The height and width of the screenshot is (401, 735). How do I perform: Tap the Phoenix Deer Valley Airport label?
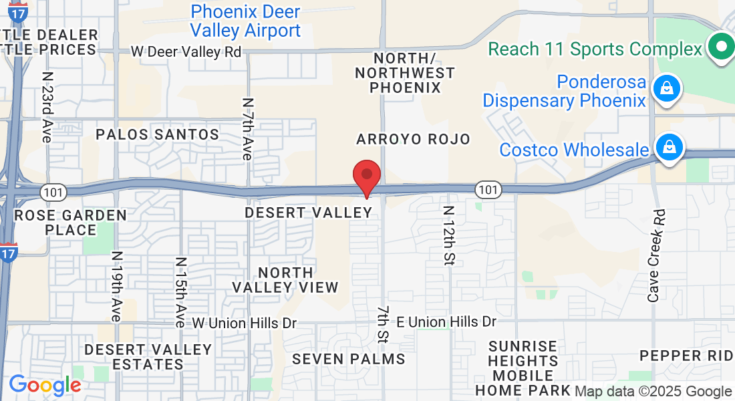pos(245,21)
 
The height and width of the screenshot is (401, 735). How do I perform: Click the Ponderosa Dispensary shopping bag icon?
pos(666,88)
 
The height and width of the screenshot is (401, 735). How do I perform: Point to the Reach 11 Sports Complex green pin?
pos(722,47)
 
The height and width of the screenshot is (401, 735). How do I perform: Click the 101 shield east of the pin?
pos(488,190)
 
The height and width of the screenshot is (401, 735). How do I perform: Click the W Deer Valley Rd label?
pos(186,51)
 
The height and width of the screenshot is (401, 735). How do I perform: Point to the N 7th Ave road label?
pos(247,129)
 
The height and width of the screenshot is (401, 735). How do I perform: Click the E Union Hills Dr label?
pos(446,322)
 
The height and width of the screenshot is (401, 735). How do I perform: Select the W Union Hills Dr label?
pos(245,323)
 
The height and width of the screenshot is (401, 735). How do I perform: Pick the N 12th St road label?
pos(448,235)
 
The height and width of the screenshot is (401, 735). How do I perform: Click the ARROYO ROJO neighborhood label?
pos(413,139)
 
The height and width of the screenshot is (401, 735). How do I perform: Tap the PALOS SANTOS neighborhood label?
pos(158,134)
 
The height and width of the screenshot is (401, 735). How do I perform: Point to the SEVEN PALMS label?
pos(349,359)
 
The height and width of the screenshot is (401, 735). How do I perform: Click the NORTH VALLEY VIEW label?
pos(285,280)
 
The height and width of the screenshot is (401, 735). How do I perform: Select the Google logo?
pos(44,386)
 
